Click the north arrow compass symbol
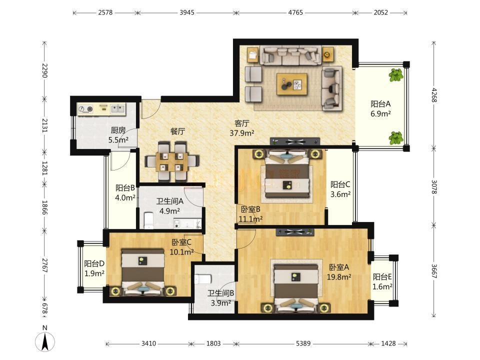[x=45, y=340]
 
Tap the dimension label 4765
[x=295, y=12]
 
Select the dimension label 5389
[x=303, y=343]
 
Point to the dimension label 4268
[x=434, y=95]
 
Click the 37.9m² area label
[x=242, y=133]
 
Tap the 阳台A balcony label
[x=380, y=104]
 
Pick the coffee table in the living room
[x=291, y=84]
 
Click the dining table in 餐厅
[x=171, y=161]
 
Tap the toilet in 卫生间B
[x=202, y=278]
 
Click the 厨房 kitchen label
[x=118, y=130]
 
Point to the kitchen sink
[x=118, y=108]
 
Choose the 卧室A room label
[x=339, y=267]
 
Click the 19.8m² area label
[x=339, y=277]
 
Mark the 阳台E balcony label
[x=382, y=277]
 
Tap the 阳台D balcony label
[x=94, y=263]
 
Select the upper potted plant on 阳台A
[x=396, y=75]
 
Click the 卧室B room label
[x=250, y=209]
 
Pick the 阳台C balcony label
[x=340, y=184]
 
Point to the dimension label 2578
[x=105, y=12]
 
